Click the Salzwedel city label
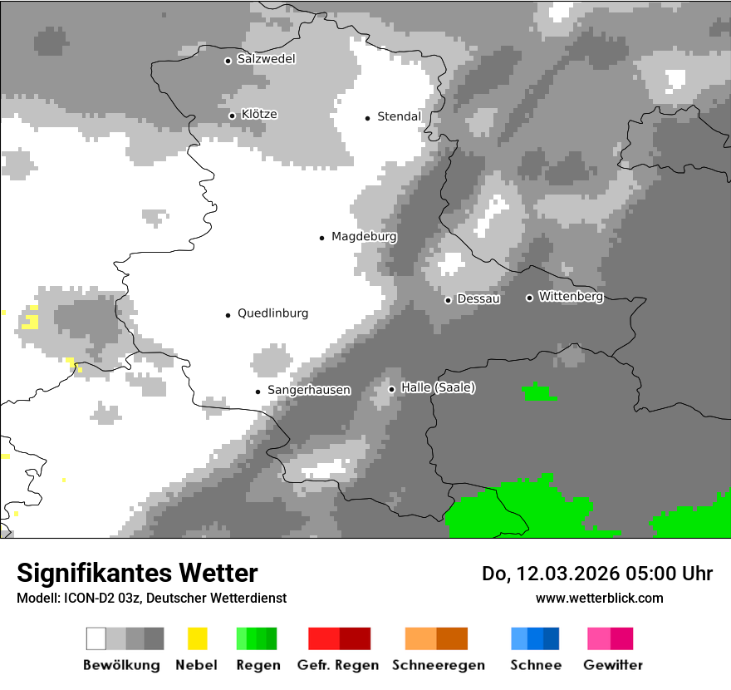point(266,59)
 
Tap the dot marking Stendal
point(367,118)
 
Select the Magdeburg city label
point(364,237)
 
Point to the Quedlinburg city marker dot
point(228,314)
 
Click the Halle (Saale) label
point(438,388)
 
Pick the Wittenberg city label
point(571,296)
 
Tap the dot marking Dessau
point(448,300)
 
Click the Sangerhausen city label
point(308,390)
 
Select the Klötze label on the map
point(259,114)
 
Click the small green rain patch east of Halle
point(539,392)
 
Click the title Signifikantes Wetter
point(137,574)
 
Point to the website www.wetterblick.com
point(600,598)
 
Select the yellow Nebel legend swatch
point(197,638)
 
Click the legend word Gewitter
point(613,665)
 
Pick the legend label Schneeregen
point(439,665)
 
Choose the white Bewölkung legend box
point(96,638)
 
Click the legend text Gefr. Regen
point(338,665)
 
